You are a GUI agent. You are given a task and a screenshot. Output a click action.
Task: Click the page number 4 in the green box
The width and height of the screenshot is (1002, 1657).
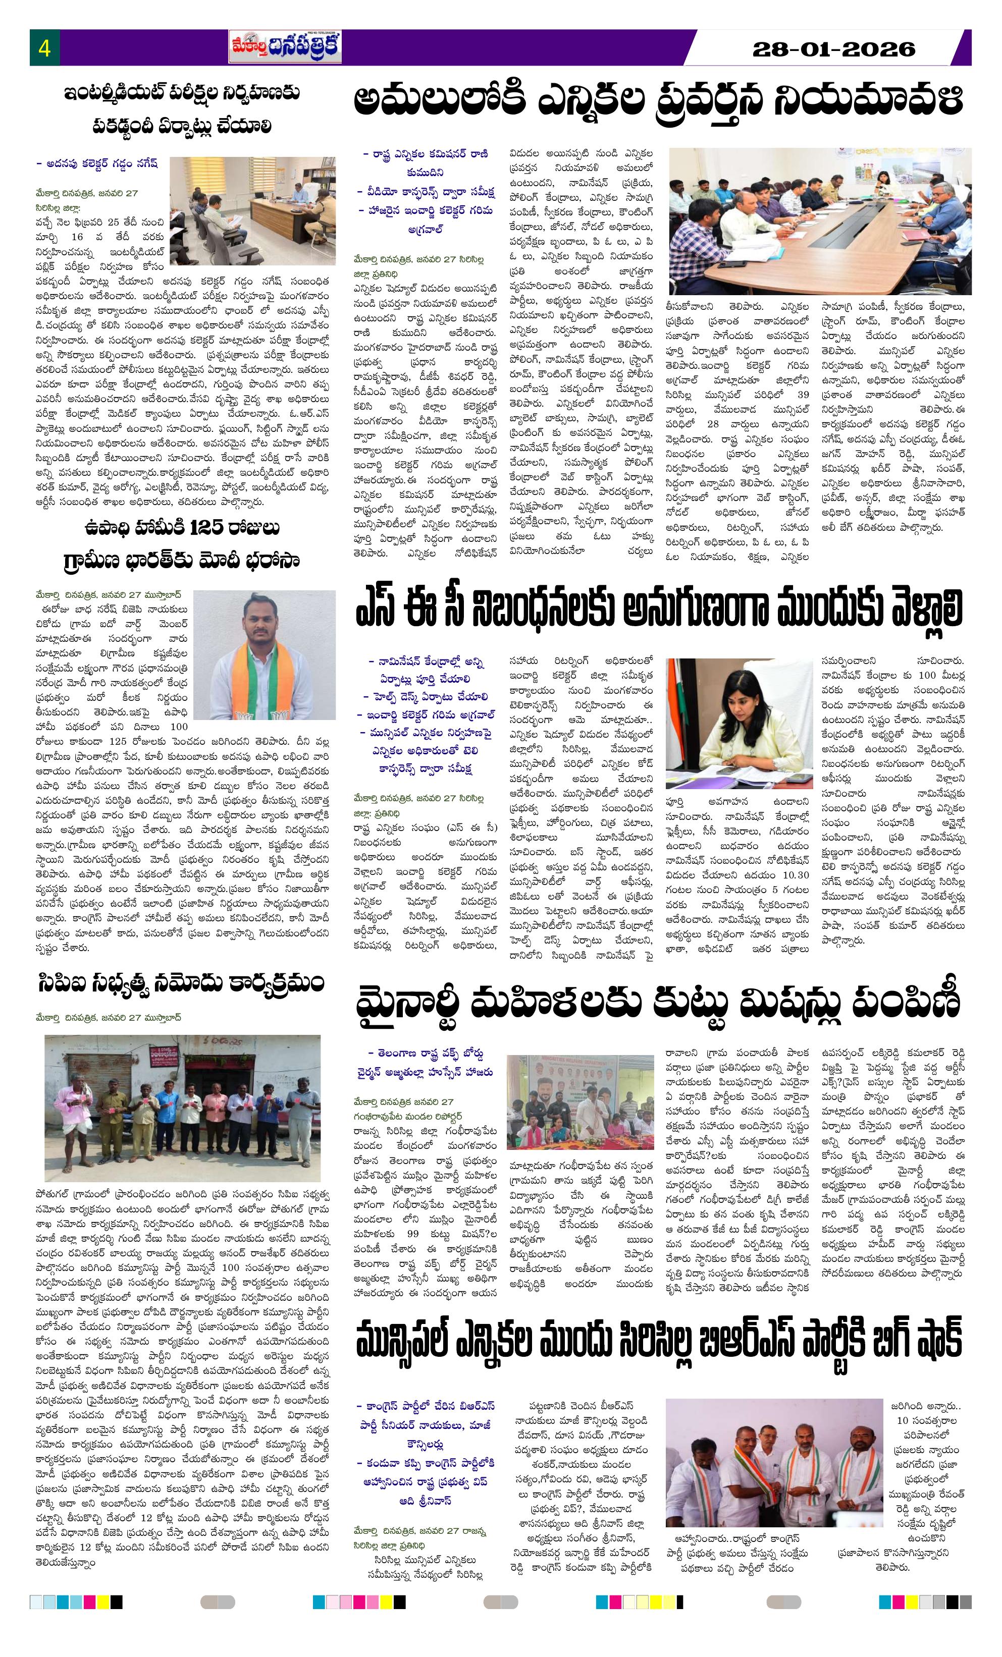point(44,48)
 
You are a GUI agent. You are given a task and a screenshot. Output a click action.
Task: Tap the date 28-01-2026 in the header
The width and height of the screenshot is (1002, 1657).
point(834,48)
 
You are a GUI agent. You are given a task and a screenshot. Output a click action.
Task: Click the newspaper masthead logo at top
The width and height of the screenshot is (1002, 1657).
point(285,47)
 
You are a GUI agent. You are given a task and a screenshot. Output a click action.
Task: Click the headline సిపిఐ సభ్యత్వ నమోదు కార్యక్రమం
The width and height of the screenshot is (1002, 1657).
point(181,983)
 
